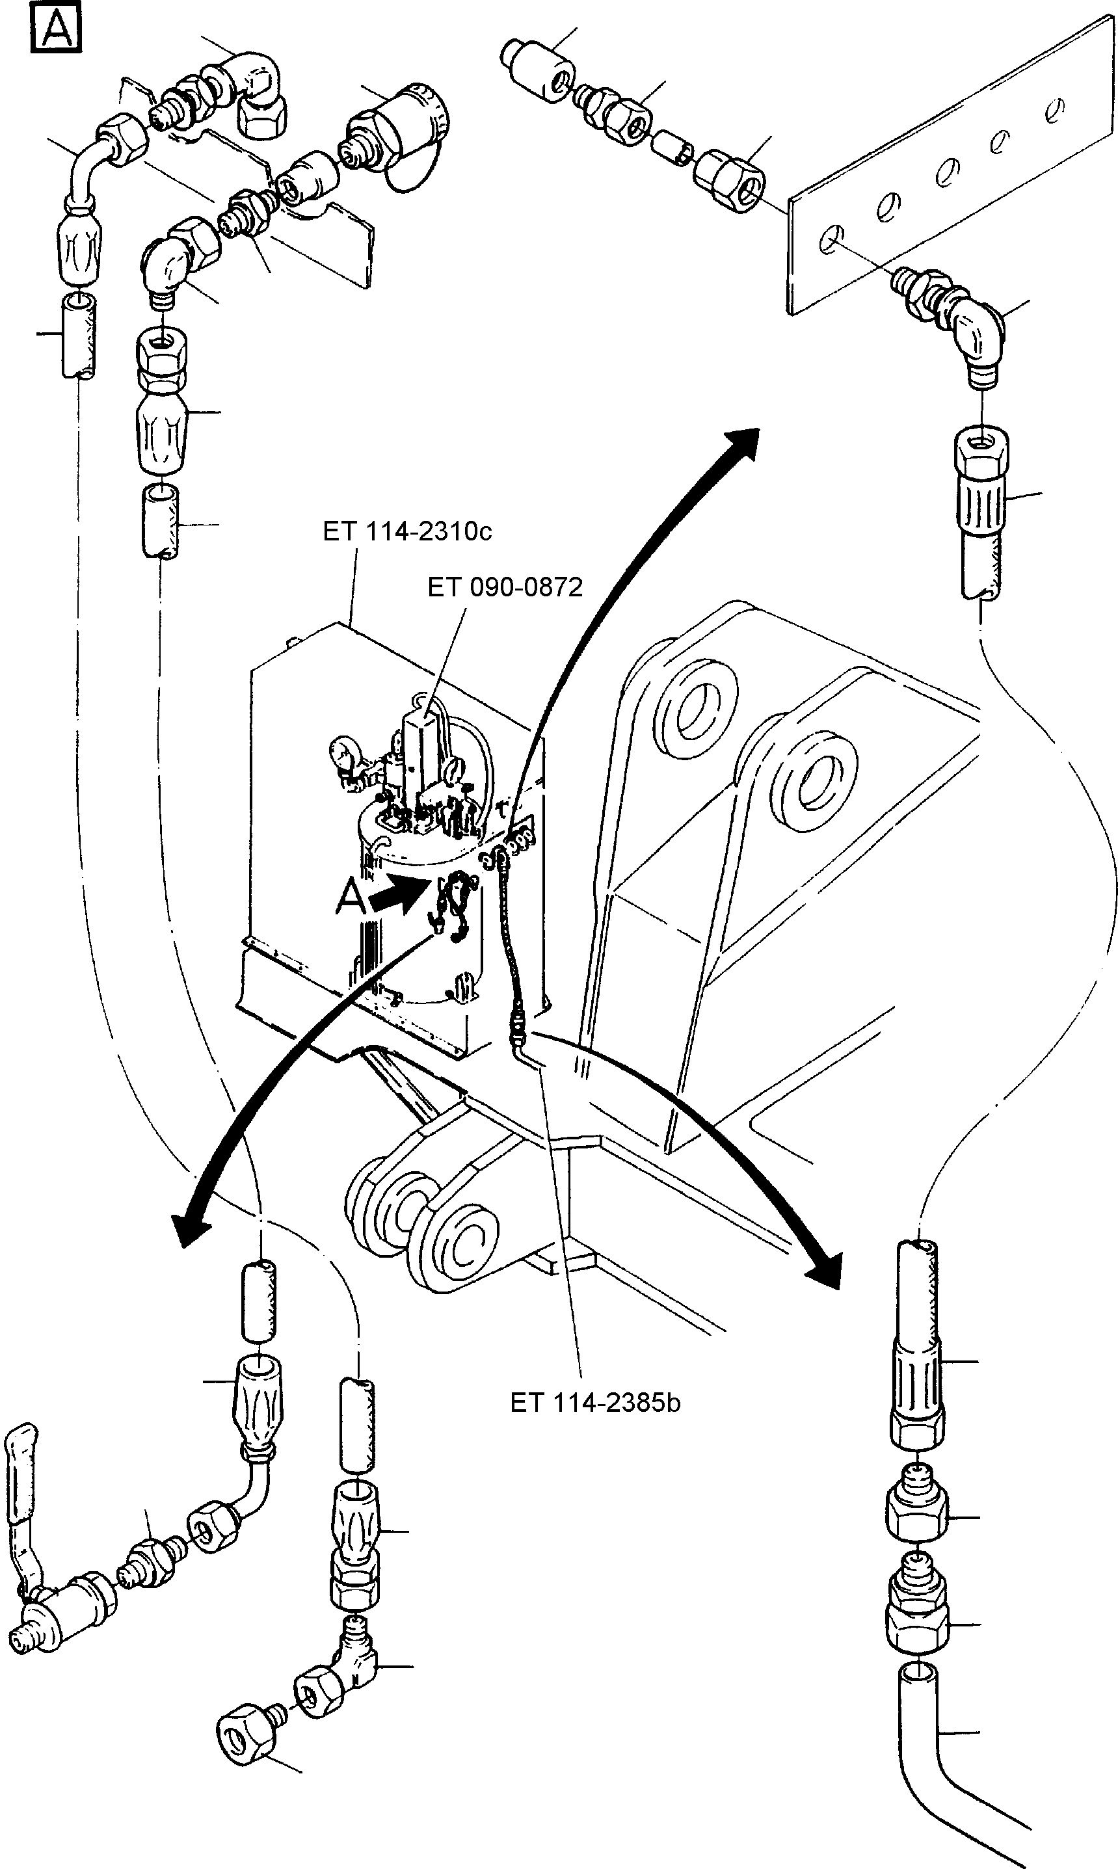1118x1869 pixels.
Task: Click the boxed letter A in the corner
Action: pyautogui.click(x=55, y=29)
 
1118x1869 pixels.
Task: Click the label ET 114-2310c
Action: pyautogui.click(x=407, y=532)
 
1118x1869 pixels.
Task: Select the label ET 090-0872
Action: pyautogui.click(x=505, y=587)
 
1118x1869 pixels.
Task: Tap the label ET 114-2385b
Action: pyautogui.click(x=595, y=1402)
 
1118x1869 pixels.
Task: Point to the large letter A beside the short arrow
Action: pyautogui.click(x=351, y=898)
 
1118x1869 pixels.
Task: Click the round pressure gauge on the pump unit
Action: pyautogui.click(x=343, y=752)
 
